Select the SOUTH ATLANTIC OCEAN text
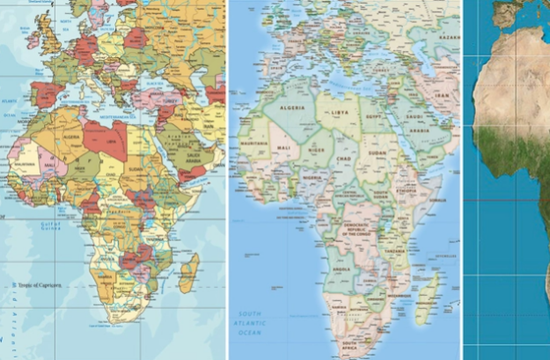point(250,321)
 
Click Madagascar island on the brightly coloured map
point(188,272)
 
